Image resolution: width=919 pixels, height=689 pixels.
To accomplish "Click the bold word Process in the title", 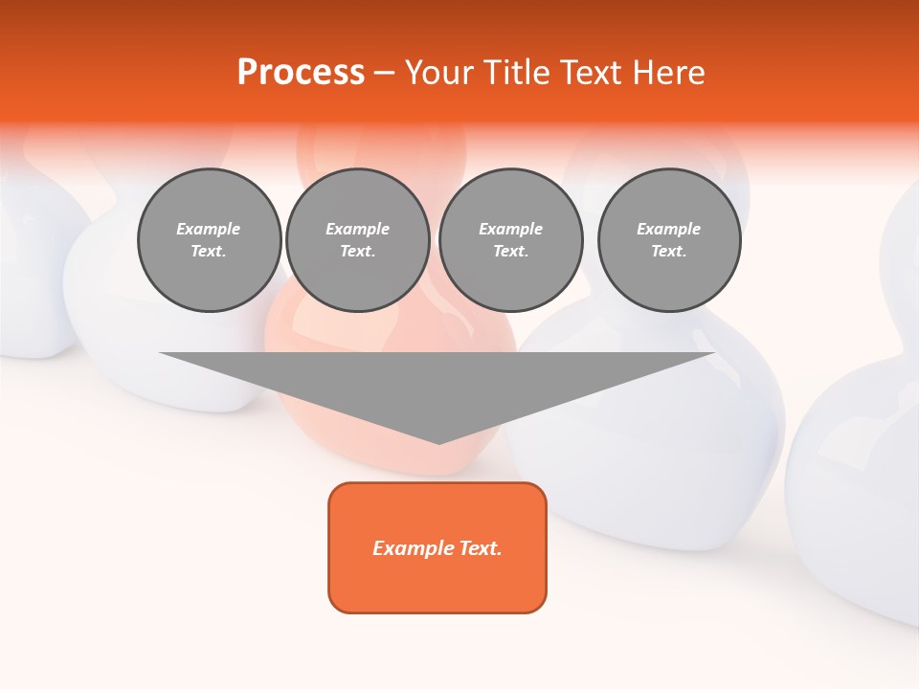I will (x=301, y=73).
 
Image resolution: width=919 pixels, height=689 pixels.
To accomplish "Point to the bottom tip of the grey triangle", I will (x=438, y=442).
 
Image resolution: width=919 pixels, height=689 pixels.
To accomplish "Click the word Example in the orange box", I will (x=414, y=548).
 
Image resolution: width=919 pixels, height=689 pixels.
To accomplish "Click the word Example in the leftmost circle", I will (x=209, y=229).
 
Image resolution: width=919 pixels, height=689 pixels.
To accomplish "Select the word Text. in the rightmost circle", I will (x=669, y=251).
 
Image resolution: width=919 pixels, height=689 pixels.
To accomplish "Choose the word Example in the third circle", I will (x=510, y=229).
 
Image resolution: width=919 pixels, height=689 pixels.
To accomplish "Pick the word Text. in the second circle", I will (x=357, y=251).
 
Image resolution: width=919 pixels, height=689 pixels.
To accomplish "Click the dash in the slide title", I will (x=385, y=73).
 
